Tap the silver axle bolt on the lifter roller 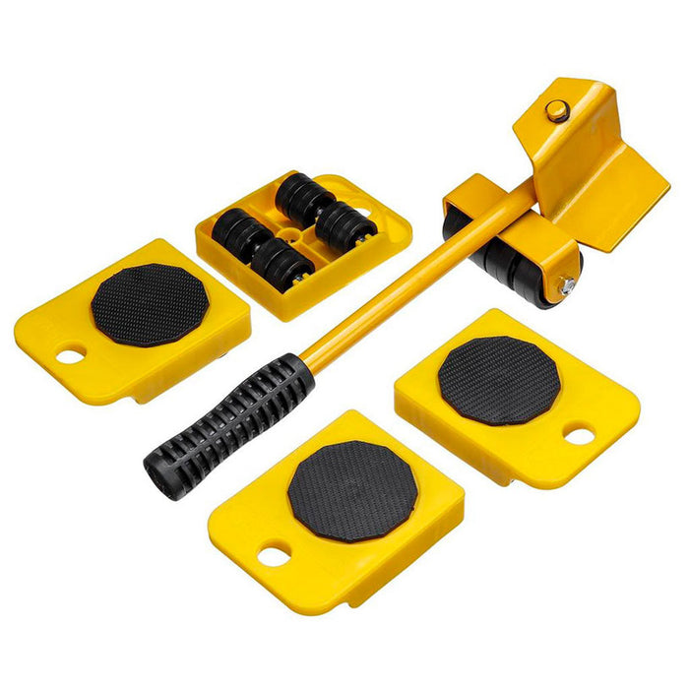point(568,285)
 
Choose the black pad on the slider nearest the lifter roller point(498,380)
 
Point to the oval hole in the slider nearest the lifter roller point(579,434)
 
